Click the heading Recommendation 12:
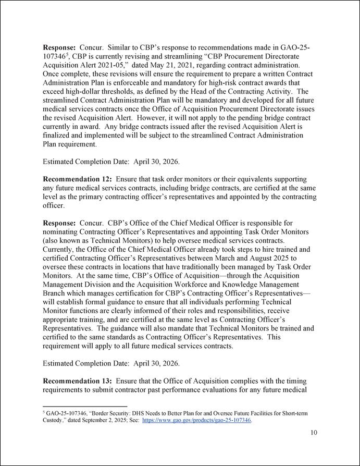pyautogui.click(x=77, y=179)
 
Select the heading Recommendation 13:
pyautogui.click(x=77, y=381)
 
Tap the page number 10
pyautogui.click(x=314, y=432)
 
